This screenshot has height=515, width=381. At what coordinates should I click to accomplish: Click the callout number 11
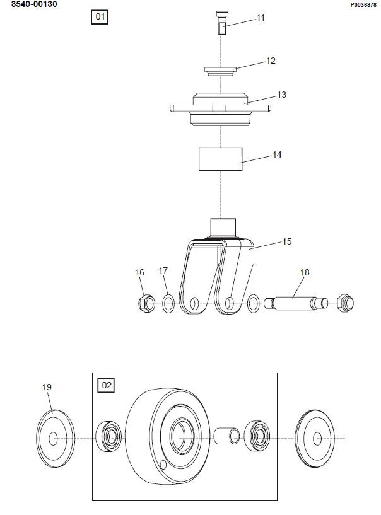(x=261, y=18)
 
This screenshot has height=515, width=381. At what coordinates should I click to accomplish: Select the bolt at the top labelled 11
(x=221, y=23)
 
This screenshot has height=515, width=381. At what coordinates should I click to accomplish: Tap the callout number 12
(x=271, y=61)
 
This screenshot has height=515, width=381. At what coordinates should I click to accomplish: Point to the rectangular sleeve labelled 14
(x=221, y=159)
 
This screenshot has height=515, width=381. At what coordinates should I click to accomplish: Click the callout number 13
(x=282, y=95)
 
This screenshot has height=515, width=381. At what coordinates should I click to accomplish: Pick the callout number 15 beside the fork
(x=287, y=241)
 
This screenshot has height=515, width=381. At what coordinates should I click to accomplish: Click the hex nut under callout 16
(x=146, y=303)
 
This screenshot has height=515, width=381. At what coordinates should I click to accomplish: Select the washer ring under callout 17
(x=168, y=303)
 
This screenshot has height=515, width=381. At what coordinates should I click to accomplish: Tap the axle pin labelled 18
(x=296, y=303)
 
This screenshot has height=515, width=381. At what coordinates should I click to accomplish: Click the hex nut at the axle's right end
(x=345, y=303)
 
